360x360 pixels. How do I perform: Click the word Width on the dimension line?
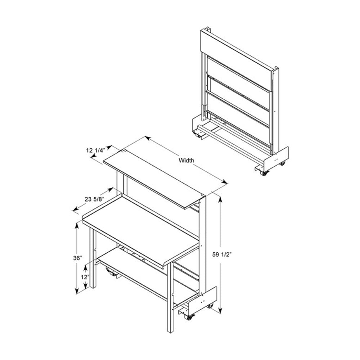pyautogui.click(x=186, y=160)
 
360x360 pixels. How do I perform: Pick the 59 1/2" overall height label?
pyautogui.click(x=222, y=254)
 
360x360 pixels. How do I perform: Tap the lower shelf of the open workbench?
pyautogui.click(x=133, y=272)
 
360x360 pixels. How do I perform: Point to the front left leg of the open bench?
pyautogui.click(x=93, y=259)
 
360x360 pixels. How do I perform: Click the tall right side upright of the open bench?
pyautogui.click(x=202, y=248)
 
